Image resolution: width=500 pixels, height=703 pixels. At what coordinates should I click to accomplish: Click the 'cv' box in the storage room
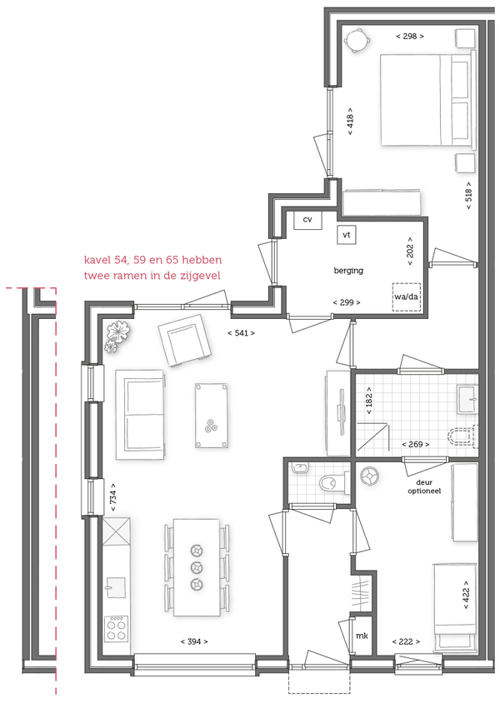pyautogui.click(x=307, y=220)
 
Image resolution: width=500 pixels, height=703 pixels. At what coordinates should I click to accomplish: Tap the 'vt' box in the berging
pyautogui.click(x=346, y=235)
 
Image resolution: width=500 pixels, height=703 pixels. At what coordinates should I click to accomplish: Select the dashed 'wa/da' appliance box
pyautogui.click(x=407, y=297)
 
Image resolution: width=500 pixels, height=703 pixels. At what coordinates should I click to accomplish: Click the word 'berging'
pyautogui.click(x=348, y=271)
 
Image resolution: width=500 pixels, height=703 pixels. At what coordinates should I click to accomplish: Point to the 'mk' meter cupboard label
pyautogui.click(x=362, y=636)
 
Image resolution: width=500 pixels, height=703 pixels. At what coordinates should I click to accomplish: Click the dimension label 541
pyautogui.click(x=242, y=333)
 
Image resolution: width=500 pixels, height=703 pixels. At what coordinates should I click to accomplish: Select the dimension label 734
pyautogui.click(x=113, y=497)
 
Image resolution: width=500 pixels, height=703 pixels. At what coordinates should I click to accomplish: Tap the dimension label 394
pyautogui.click(x=194, y=641)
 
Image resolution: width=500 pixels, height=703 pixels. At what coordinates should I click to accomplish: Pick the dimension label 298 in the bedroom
pyautogui.click(x=410, y=37)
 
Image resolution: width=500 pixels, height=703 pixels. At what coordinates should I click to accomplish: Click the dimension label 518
pyautogui.click(x=468, y=196)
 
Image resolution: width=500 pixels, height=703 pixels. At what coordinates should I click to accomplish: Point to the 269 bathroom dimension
pyautogui.click(x=416, y=444)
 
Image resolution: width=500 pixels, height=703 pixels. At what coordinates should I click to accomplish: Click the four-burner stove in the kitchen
pyautogui.click(x=116, y=629)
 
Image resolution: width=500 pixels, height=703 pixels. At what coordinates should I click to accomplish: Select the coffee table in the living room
pyautogui.click(x=211, y=416)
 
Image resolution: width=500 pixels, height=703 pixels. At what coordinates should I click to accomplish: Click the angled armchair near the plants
pyautogui.click(x=185, y=340)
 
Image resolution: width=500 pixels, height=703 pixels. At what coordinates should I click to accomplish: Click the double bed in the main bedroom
pyautogui.click(x=427, y=99)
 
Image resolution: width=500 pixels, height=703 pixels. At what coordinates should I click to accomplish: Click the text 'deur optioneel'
pyautogui.click(x=424, y=486)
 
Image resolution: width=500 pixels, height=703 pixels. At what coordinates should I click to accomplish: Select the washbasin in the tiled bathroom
pyautogui.click(x=467, y=399)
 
